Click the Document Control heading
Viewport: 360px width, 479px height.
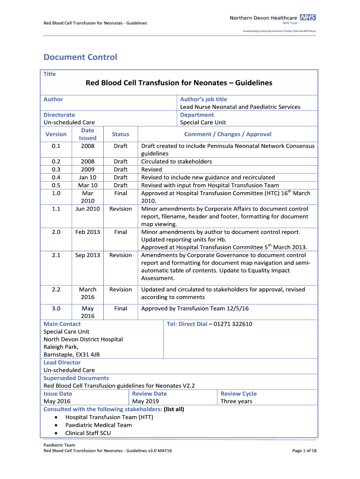(80, 58)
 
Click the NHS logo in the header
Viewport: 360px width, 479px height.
(308, 17)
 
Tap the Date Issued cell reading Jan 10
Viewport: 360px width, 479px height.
(87, 177)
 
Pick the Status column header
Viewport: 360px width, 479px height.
(121, 134)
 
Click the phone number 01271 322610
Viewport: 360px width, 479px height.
(233, 324)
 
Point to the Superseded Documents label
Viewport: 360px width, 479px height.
(76, 378)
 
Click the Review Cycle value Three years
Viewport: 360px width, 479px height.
(236, 401)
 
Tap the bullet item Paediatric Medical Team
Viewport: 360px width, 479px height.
(98, 425)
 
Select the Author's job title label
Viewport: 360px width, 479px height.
(203, 99)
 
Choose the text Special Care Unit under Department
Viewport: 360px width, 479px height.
(203, 123)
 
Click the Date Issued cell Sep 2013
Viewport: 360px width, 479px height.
(87, 255)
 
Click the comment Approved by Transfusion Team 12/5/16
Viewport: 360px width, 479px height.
(195, 308)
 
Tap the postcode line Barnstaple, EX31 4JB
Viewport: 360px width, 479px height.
(72, 355)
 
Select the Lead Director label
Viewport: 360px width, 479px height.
(62, 363)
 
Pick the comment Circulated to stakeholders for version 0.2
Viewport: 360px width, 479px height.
(176, 161)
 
